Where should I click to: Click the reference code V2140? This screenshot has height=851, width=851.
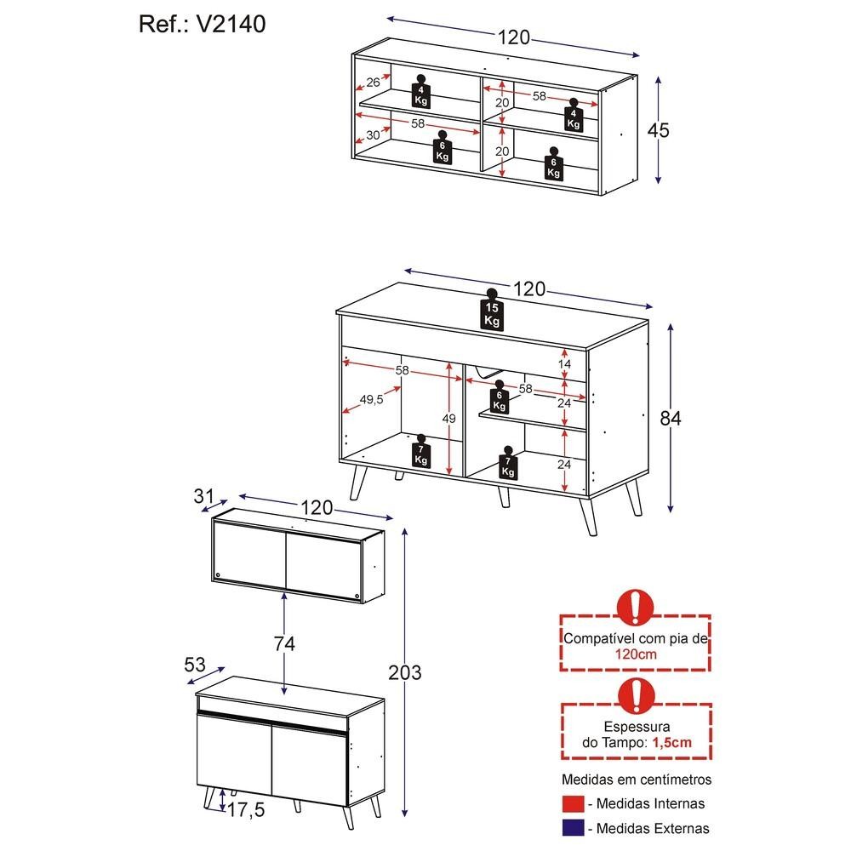point(231,25)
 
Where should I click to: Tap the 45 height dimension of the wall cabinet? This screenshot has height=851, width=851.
point(659,131)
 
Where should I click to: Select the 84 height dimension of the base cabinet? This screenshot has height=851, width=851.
point(671,419)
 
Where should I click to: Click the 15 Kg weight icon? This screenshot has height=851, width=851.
point(492,310)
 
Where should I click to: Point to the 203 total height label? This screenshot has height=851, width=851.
point(405,673)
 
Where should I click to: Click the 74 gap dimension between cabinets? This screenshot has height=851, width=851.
point(284,644)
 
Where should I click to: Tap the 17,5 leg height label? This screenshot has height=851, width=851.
point(246,810)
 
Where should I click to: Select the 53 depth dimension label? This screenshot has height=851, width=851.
point(195,665)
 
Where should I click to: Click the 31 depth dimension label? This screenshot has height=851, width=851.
point(203,496)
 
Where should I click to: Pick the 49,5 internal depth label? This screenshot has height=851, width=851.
point(371,399)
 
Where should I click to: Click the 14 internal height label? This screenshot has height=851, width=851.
point(564,364)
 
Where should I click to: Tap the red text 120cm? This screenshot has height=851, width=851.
point(636,654)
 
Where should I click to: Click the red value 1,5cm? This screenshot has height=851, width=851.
point(672,742)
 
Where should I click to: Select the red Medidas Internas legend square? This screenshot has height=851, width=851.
point(573,804)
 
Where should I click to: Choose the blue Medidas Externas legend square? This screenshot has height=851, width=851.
point(573,828)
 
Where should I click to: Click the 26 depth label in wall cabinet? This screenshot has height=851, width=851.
point(373,83)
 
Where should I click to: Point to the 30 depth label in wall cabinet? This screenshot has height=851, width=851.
point(373,135)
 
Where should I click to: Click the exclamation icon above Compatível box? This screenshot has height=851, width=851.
point(635,608)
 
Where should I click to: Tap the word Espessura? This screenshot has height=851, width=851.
point(637,728)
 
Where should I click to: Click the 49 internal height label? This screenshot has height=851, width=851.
point(448,419)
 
